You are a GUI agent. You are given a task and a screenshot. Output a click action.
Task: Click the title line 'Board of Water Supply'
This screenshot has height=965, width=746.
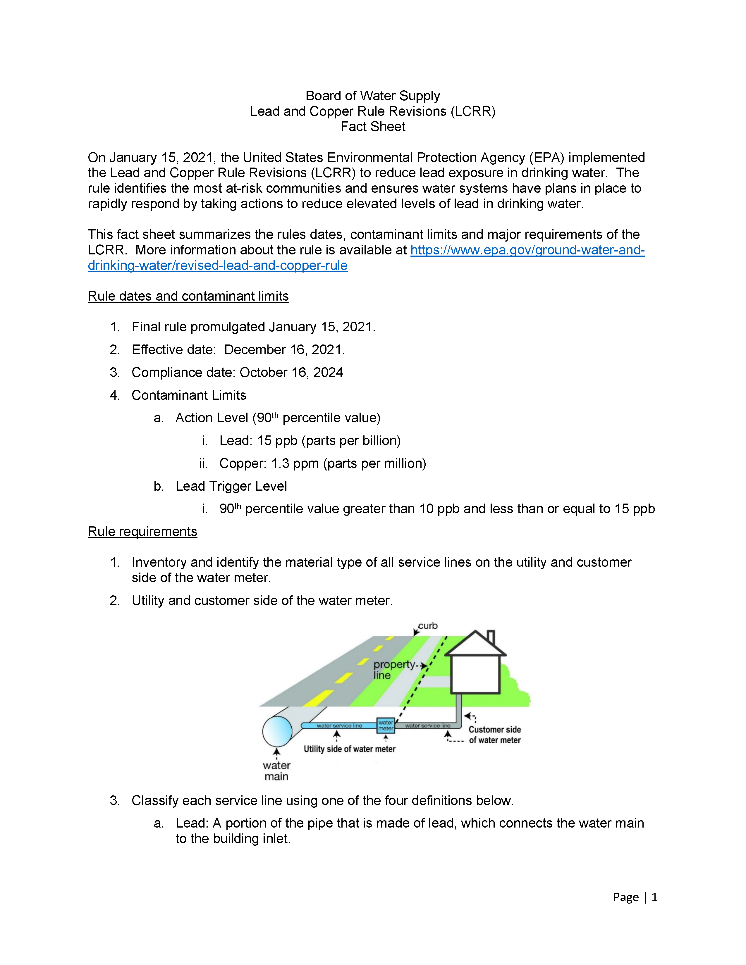372,96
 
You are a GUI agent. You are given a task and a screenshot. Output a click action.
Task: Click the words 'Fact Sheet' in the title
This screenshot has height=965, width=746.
372,127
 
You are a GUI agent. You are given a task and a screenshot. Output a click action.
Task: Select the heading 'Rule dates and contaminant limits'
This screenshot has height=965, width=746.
188,296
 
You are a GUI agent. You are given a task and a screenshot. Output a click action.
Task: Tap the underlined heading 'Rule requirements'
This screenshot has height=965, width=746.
142,532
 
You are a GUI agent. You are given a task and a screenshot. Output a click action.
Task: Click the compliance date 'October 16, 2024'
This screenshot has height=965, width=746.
291,373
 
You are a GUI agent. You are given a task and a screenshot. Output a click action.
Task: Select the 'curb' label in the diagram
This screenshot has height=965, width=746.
428,626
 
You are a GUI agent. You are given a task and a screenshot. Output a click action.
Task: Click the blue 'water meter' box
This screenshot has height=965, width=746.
385,726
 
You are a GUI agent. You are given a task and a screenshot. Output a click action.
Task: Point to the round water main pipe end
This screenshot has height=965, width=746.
277,731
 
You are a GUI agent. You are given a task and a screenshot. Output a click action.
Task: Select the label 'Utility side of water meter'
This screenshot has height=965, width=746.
349,749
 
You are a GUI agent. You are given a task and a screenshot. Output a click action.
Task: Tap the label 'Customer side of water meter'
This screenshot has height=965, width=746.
494,735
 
